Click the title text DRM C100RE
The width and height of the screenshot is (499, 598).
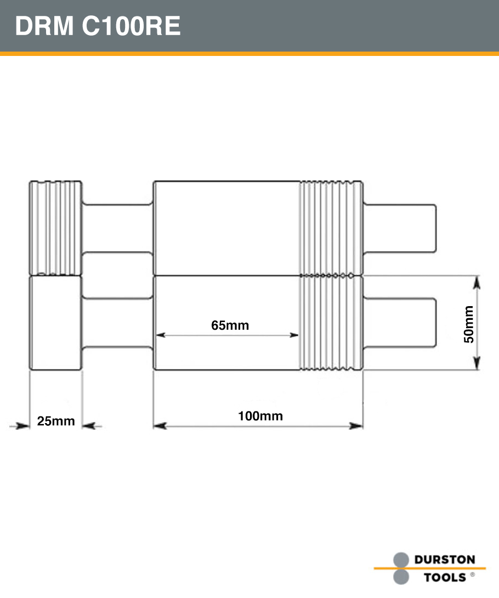coord(98,26)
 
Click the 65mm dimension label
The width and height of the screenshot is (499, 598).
coord(230,325)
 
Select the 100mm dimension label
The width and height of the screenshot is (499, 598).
coord(260,416)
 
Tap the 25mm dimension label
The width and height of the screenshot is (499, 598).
coord(55,421)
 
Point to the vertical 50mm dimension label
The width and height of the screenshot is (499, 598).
coord(469,324)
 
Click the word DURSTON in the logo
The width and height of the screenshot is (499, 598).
coord(444,560)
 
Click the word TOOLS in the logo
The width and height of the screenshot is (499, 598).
coord(445,577)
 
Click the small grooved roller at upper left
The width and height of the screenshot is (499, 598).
coord(55,228)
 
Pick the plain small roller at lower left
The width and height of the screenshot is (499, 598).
coord(55,323)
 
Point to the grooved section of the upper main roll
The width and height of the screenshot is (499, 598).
coord(331,228)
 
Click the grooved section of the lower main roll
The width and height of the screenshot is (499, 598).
coord(331,323)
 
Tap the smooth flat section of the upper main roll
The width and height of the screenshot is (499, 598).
coord(226,228)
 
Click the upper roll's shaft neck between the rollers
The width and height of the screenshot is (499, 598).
coord(117,228)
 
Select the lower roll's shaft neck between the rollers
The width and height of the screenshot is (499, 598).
coord(117,323)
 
